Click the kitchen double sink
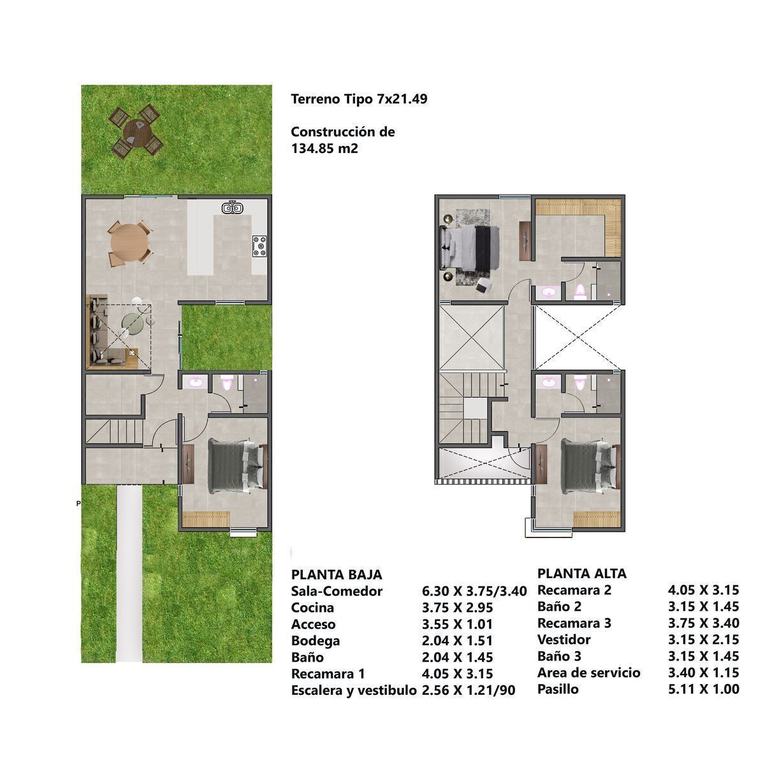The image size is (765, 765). tap(232, 208)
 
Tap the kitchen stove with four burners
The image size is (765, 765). tap(259, 245)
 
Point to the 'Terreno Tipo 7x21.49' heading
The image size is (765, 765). tap(359, 99)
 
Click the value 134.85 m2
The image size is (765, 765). tap(324, 149)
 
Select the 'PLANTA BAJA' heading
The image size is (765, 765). tap(337, 574)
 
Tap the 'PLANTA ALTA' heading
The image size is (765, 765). tap(582, 573)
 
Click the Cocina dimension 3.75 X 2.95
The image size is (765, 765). tap(457, 608)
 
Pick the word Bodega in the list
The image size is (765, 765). tap(315, 641)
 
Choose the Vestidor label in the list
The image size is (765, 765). tap(564, 639)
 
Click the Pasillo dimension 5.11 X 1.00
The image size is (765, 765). tap(703, 689)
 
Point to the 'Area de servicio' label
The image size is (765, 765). tap(589, 673)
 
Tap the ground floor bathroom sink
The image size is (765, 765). tap(196, 382)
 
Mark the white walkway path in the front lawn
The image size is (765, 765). tap(129, 573)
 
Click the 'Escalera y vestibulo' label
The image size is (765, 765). tap(354, 690)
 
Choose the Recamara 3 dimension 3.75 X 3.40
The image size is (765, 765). tap(703, 623)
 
